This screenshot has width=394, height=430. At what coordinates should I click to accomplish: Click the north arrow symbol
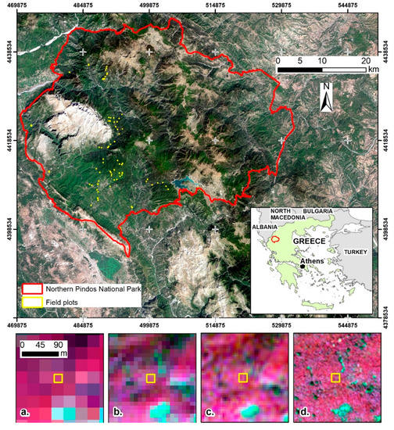[328, 98]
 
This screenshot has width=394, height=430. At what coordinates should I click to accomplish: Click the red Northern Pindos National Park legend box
[32, 286]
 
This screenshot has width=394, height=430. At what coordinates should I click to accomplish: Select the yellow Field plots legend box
[32, 301]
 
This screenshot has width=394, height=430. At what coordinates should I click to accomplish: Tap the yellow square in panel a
[57, 378]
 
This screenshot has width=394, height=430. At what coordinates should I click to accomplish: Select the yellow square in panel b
[151, 378]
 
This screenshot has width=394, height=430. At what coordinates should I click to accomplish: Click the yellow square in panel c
[243, 378]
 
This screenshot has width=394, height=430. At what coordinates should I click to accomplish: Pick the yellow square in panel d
[336, 378]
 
